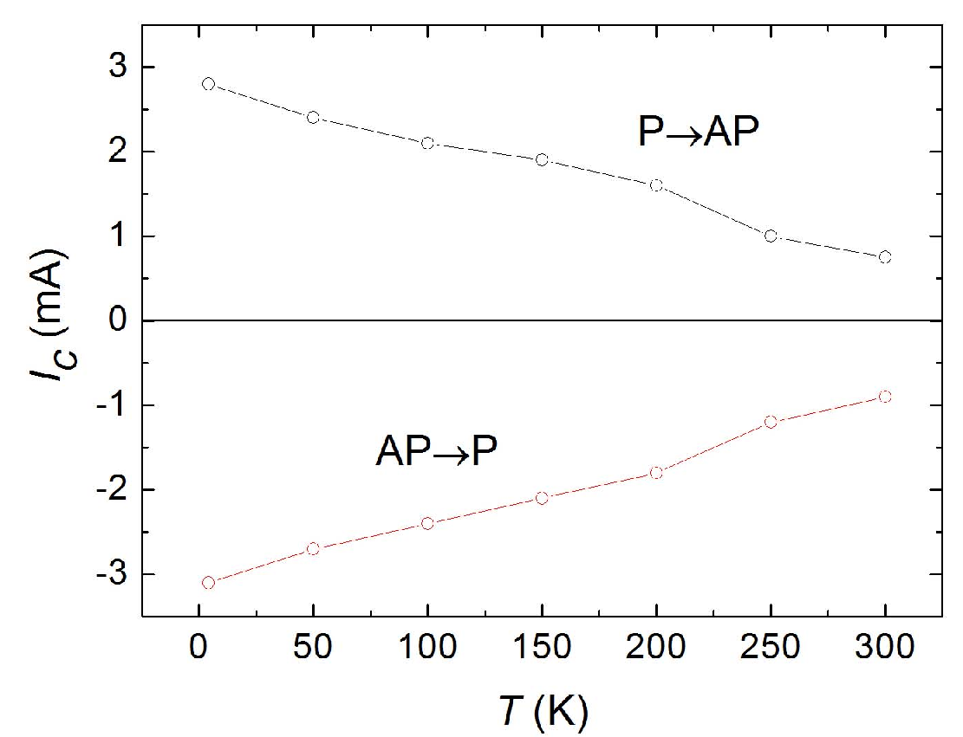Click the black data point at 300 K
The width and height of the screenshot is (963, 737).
click(x=885, y=257)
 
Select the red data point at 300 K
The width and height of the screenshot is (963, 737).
click(x=885, y=397)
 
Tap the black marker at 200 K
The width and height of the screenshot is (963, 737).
click(x=656, y=185)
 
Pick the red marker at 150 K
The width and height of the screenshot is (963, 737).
click(x=542, y=498)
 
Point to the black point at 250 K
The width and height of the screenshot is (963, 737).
click(x=771, y=236)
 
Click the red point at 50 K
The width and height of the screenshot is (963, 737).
click(x=313, y=548)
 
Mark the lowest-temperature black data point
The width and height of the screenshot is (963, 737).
click(x=208, y=84)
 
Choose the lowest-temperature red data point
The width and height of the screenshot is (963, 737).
click(x=208, y=582)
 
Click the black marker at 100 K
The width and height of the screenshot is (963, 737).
click(x=427, y=143)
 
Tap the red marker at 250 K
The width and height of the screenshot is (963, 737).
click(x=771, y=422)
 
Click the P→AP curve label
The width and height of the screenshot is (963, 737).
click(x=699, y=132)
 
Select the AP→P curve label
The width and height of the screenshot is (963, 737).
click(x=436, y=452)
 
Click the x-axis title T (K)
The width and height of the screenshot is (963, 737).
click(x=543, y=712)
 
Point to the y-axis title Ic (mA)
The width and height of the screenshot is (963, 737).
click(x=51, y=314)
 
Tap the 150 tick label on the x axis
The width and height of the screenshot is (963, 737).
click(x=542, y=647)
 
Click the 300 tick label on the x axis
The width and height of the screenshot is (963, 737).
click(x=885, y=647)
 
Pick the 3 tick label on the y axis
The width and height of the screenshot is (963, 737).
click(x=118, y=67)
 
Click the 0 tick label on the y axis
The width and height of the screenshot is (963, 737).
click(x=118, y=320)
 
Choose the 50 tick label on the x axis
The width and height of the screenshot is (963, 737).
click(x=313, y=647)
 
